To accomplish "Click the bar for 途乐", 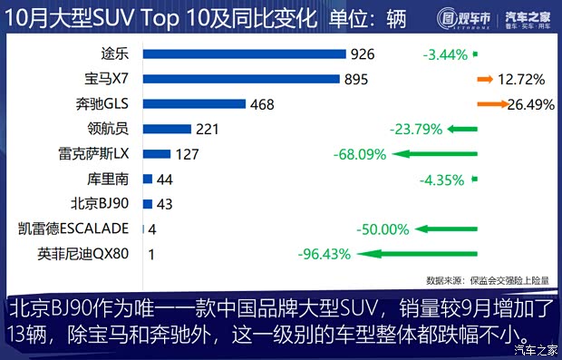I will coord(245,54).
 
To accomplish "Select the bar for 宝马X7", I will coord(241,80).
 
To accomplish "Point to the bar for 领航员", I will coord(167,129).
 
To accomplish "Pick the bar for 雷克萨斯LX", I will coord(157,154).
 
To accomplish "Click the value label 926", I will coord(362,54).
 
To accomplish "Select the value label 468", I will coord(262,104).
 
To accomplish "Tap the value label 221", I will coord(208,129).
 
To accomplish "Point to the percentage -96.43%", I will coord(324,254).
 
